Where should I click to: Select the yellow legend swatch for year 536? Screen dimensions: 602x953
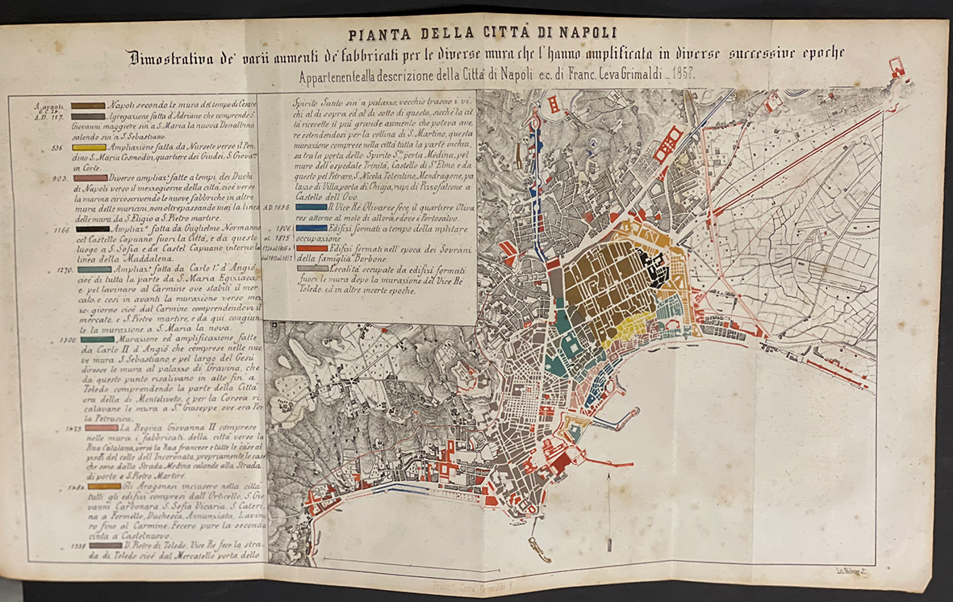tap(88, 148)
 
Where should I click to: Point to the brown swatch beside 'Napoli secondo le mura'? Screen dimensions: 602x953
tap(88, 106)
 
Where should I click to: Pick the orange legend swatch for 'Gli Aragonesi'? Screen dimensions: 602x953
tap(104, 486)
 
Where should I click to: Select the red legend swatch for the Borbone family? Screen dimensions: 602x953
tap(312, 249)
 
